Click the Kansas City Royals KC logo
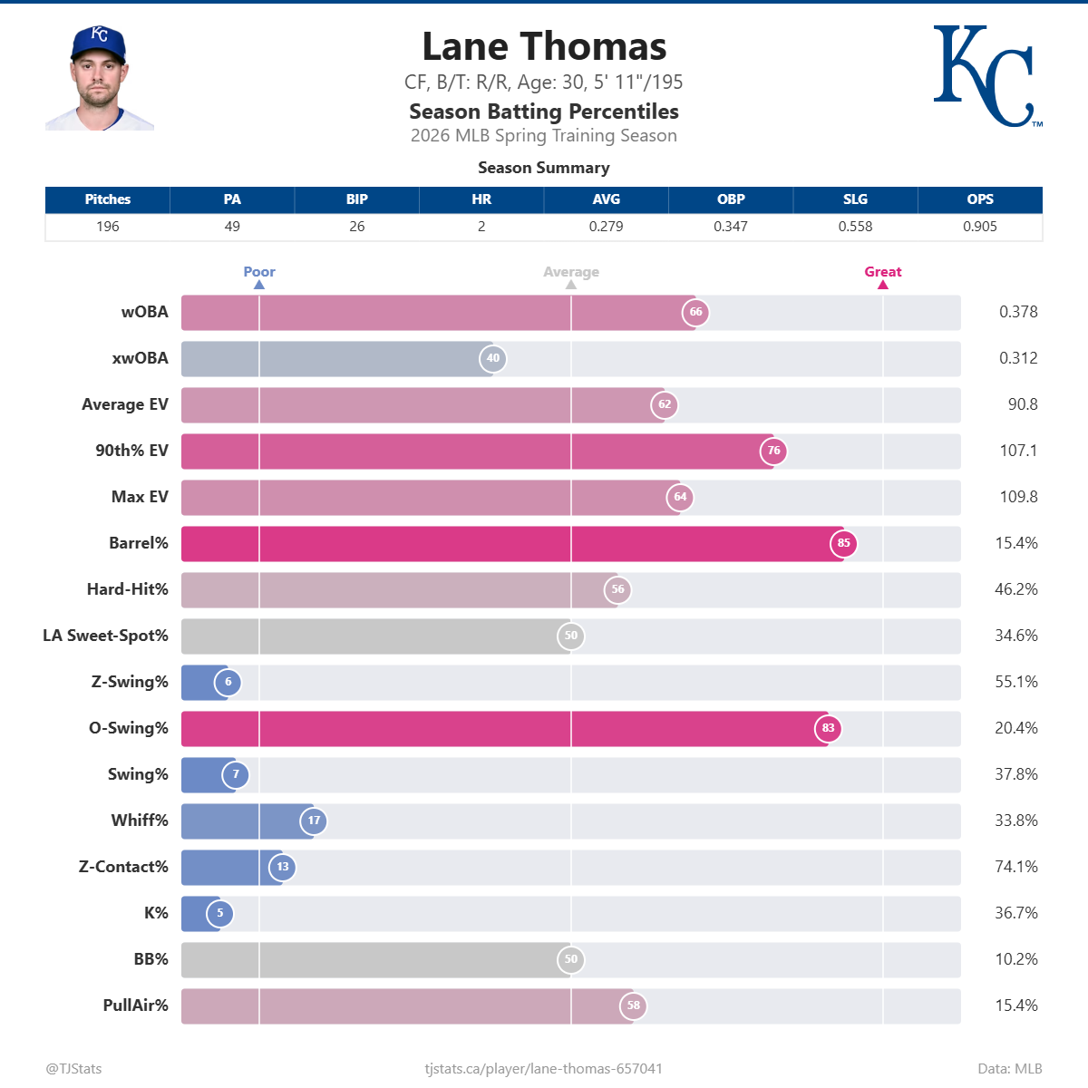click(986, 76)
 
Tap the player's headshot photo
click(100, 79)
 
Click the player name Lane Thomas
click(544, 47)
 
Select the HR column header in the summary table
click(481, 199)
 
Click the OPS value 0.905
click(979, 227)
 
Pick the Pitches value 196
click(108, 227)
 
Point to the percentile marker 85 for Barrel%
click(843, 543)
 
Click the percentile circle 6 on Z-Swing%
click(228, 682)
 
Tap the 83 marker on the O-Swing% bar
click(828, 728)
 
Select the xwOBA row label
click(140, 358)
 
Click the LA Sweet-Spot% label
click(105, 636)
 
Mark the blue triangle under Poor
click(259, 285)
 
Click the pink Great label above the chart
click(882, 272)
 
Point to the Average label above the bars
click(570, 272)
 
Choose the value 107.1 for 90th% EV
click(1017, 451)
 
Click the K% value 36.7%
click(1015, 913)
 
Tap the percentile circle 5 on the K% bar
click(219, 913)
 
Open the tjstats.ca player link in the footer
click(543, 1069)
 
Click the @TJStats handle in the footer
click(73, 1069)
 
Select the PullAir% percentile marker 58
click(633, 1005)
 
